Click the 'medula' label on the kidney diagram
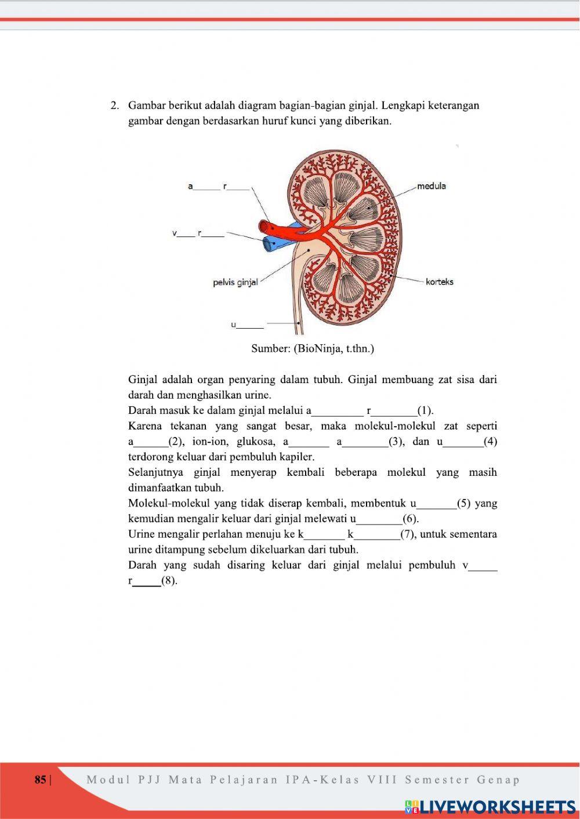(432, 186)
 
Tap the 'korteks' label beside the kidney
(439, 282)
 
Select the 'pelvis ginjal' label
(235, 282)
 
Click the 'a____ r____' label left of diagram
(218, 187)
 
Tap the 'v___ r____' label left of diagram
(198, 234)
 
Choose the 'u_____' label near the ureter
(247, 325)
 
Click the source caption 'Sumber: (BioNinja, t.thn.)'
(313, 348)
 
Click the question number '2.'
(115, 105)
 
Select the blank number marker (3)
(396, 442)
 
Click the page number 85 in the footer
(41, 780)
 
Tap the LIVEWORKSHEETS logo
(490, 807)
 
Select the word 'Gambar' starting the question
(147, 105)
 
